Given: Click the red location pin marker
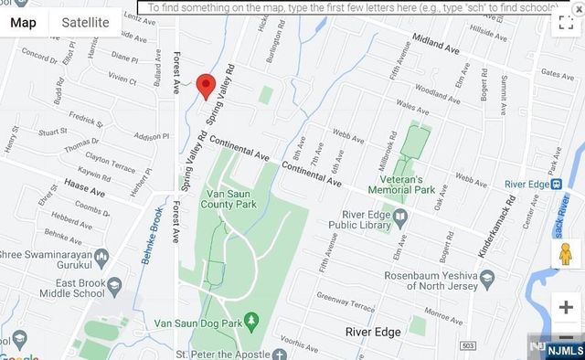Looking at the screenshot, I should (x=207, y=85).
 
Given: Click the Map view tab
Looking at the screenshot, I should (x=24, y=22).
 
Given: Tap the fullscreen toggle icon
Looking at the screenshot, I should (x=566, y=23).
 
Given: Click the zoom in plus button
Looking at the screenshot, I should (x=566, y=307).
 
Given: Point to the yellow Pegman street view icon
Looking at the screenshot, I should (x=566, y=254).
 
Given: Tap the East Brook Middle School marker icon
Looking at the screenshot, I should (x=114, y=287).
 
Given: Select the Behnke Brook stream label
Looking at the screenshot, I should (x=150, y=237).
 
